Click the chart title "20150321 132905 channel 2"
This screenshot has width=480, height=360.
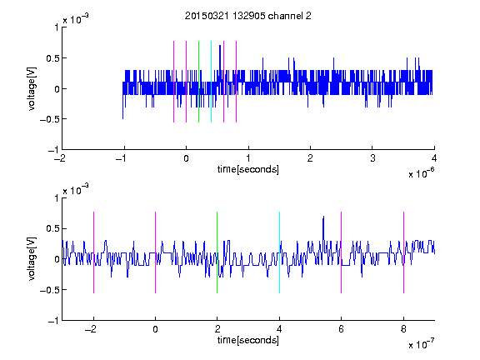point(248,16)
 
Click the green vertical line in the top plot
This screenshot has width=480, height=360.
point(198,82)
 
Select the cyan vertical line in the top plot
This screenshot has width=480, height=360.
point(211,82)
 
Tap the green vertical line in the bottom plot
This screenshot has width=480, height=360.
point(217,252)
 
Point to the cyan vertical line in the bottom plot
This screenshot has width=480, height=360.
point(279,252)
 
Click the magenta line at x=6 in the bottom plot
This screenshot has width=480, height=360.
point(342,252)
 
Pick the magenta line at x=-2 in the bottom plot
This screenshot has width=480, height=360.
point(93,252)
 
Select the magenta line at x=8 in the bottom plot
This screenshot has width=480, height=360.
point(404,252)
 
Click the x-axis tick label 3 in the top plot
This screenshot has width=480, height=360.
point(372,158)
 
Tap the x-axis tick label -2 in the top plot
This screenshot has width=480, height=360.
point(60,158)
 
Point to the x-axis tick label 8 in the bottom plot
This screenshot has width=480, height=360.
point(403,329)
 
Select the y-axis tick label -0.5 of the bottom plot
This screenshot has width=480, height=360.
point(49,290)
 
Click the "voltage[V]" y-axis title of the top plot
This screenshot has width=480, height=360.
point(32,89)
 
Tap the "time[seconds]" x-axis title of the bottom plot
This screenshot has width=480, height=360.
point(248,340)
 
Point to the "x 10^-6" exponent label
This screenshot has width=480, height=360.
point(421,172)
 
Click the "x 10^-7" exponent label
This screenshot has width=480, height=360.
point(421,343)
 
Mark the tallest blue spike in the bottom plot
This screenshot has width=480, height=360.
point(323,217)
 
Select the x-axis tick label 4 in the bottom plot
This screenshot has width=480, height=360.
point(279,329)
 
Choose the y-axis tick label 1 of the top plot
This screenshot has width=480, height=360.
point(57,27)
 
